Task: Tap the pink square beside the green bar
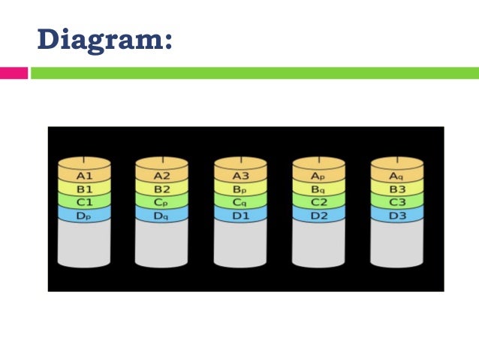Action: click(14, 73)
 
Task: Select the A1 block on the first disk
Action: click(84, 175)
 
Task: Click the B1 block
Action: click(84, 189)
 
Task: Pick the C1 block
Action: click(84, 201)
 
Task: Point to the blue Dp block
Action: click(84, 215)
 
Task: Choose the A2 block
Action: click(161, 175)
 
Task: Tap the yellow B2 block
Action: click(161, 189)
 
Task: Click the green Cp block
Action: click(161, 201)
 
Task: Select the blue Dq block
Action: click(161, 215)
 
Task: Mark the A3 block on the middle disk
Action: click(239, 175)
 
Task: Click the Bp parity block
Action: click(239, 189)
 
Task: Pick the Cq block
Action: click(239, 201)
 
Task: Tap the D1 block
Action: click(239, 215)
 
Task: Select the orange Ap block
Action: click(318, 175)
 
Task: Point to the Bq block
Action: click(318, 189)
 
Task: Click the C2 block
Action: click(318, 201)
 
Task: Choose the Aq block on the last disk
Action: click(396, 175)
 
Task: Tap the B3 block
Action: click(396, 189)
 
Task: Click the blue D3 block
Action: click(396, 215)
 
